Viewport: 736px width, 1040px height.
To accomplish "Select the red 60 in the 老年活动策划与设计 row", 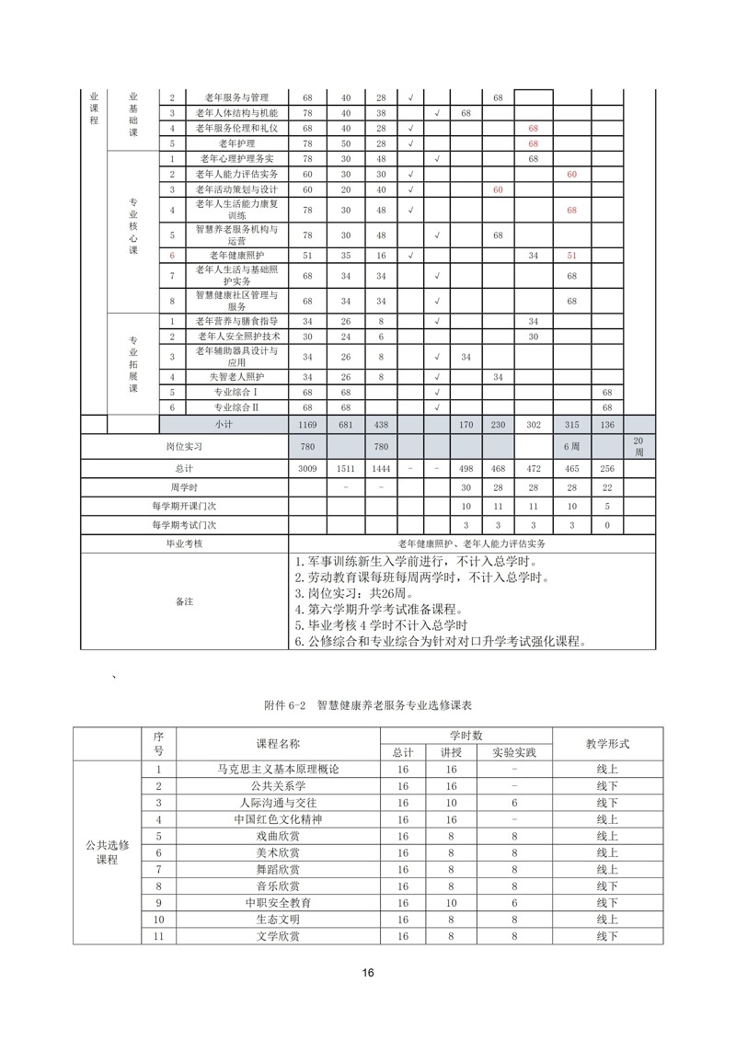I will (498, 189).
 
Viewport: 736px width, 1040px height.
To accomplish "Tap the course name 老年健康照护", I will (236, 255).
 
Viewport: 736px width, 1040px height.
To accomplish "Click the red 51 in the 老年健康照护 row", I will (571, 255).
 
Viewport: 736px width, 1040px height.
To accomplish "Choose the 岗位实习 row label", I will (184, 447).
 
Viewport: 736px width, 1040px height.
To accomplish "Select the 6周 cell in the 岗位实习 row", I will (571, 447).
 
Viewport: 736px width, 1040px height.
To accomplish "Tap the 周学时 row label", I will (184, 487).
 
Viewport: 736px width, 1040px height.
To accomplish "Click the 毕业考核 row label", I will (184, 544).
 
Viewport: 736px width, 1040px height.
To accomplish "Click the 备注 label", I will (184, 601).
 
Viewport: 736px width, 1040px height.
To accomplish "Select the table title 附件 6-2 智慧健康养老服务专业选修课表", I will (367, 705).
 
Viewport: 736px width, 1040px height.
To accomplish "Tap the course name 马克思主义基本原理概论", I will (278, 769).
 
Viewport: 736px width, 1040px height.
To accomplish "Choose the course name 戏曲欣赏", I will (278, 836).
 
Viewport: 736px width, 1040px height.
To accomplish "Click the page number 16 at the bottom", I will (368, 973).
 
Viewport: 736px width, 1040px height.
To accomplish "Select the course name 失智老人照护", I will (236, 377).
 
